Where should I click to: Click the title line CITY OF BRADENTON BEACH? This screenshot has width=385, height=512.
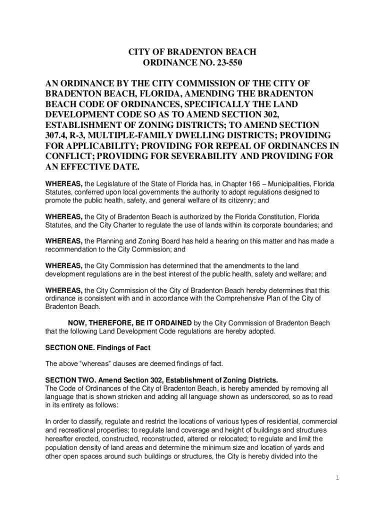tap(192, 52)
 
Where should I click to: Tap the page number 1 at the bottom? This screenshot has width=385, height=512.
tap(337, 477)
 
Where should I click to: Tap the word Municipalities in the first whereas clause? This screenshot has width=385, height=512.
tap(281, 184)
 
